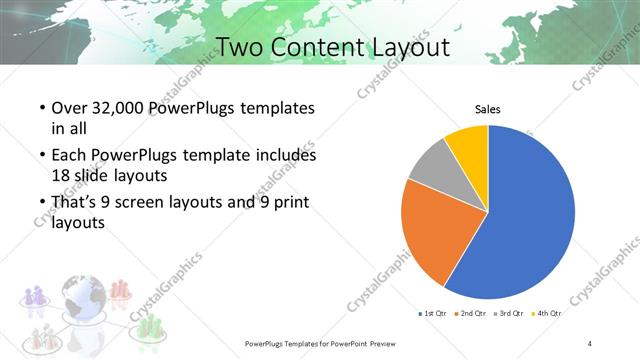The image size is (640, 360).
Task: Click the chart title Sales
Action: [x=487, y=109]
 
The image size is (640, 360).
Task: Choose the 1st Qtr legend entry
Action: [x=432, y=314]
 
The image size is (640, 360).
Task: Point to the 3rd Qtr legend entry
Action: [x=508, y=314]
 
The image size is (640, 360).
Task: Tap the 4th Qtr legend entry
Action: [x=545, y=314]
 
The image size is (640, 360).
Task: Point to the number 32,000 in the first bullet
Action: [x=118, y=108]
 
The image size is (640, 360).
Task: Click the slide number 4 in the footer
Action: [x=590, y=343]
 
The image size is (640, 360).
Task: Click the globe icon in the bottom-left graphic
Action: [x=80, y=298]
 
